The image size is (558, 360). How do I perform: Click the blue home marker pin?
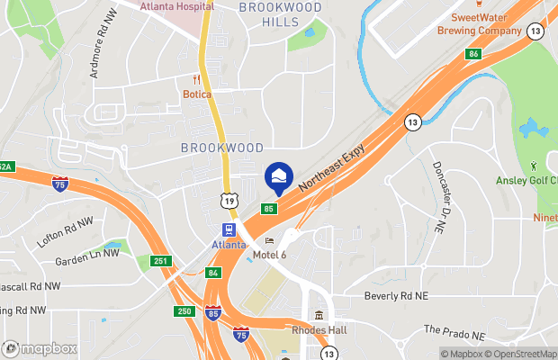278,175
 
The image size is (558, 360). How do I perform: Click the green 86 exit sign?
472,54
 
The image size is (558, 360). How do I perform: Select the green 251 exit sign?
159,261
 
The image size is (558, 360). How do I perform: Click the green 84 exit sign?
212,272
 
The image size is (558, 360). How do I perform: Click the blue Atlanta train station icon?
229,229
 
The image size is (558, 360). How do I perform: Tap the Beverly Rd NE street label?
397,295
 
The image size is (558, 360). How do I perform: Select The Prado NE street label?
454,333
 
